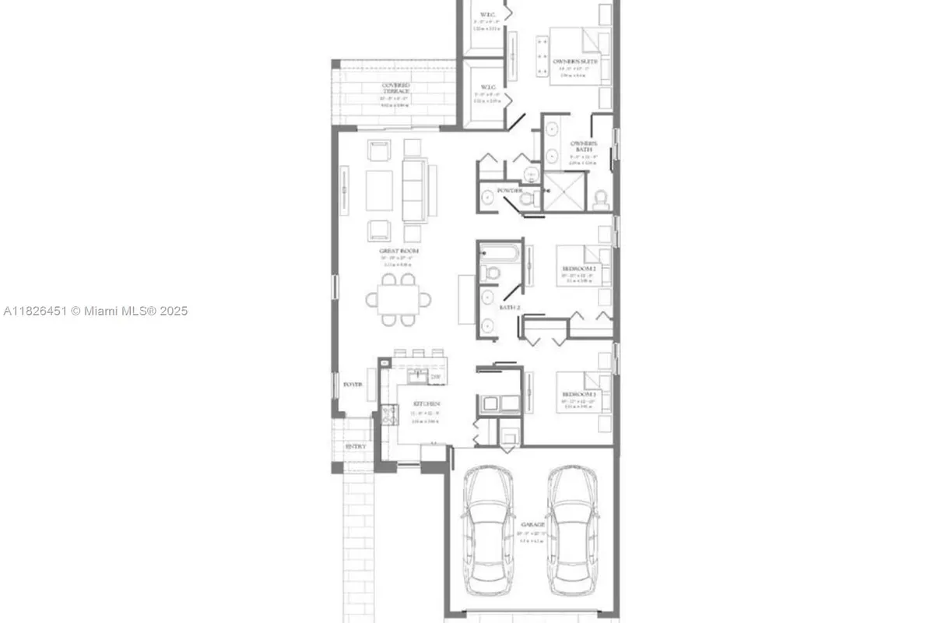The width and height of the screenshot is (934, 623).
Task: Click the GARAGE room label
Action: pos(532,526)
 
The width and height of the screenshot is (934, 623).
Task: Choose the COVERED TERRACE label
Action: pos(395,89)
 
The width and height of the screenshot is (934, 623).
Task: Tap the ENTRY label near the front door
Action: pos(355,447)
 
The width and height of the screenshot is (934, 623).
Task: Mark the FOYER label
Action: pos(353,385)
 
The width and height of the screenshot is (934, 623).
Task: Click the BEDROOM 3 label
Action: pos(579,396)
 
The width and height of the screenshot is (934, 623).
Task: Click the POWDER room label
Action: pos(511,191)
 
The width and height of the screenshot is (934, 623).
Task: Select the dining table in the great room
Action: pos(398,297)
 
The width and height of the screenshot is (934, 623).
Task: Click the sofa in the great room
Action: pos(414,189)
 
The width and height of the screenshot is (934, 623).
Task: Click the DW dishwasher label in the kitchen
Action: pos(436,378)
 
